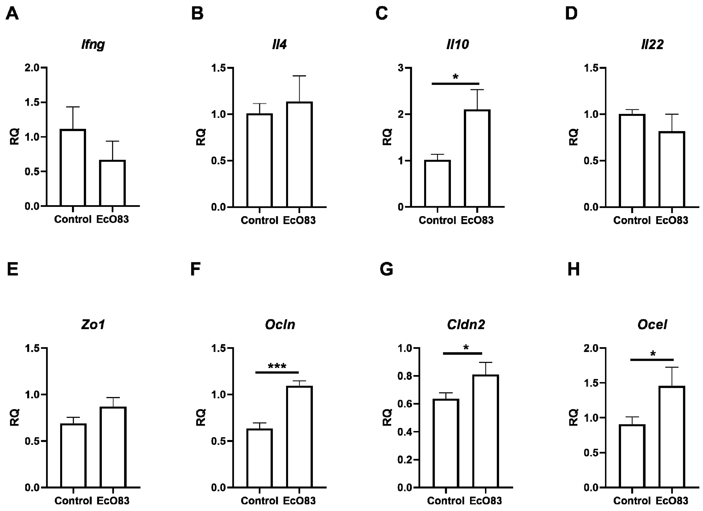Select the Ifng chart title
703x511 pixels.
93,44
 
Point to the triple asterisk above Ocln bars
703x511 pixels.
277,367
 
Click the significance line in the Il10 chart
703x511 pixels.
455,83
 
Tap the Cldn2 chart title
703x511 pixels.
466,324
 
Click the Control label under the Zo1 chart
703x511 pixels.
73,500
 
